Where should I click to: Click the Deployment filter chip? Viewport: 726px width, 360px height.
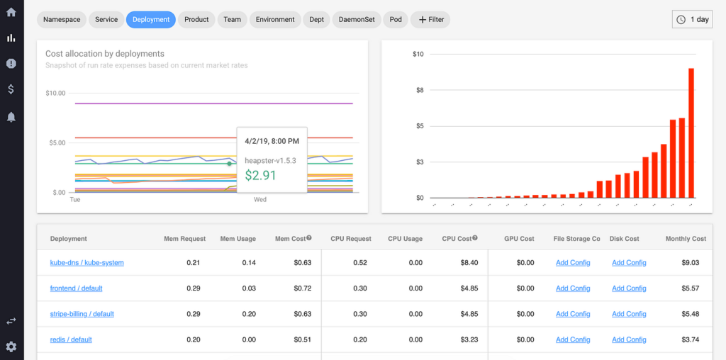click(151, 20)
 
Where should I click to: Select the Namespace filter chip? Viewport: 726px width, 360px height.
click(62, 20)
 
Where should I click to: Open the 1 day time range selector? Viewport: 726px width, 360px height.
click(692, 20)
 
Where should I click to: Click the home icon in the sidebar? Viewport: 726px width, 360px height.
click(11, 12)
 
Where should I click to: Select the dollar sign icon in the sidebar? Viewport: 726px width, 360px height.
click(11, 89)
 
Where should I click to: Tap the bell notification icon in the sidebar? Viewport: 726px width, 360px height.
click(11, 117)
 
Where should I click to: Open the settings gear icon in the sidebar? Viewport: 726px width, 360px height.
click(11, 347)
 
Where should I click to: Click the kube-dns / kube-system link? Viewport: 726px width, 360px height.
click(86, 263)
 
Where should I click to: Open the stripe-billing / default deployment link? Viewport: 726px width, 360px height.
click(82, 314)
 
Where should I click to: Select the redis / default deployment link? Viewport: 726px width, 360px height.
click(71, 339)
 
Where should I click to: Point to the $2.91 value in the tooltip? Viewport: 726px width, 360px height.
click(260, 175)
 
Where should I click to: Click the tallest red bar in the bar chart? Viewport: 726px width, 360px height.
click(691, 133)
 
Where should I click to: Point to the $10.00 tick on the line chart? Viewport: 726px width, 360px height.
click(55, 93)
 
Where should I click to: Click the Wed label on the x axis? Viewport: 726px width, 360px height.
click(260, 200)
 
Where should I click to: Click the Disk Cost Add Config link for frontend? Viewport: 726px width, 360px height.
click(629, 288)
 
